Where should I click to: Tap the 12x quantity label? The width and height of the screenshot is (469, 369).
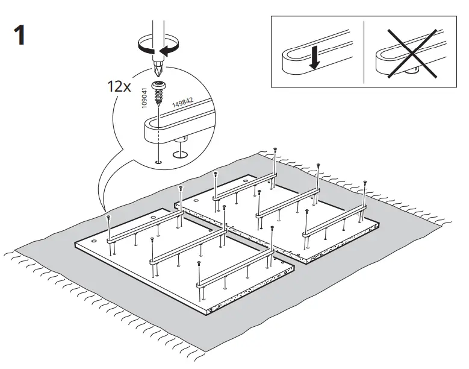[120, 86]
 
